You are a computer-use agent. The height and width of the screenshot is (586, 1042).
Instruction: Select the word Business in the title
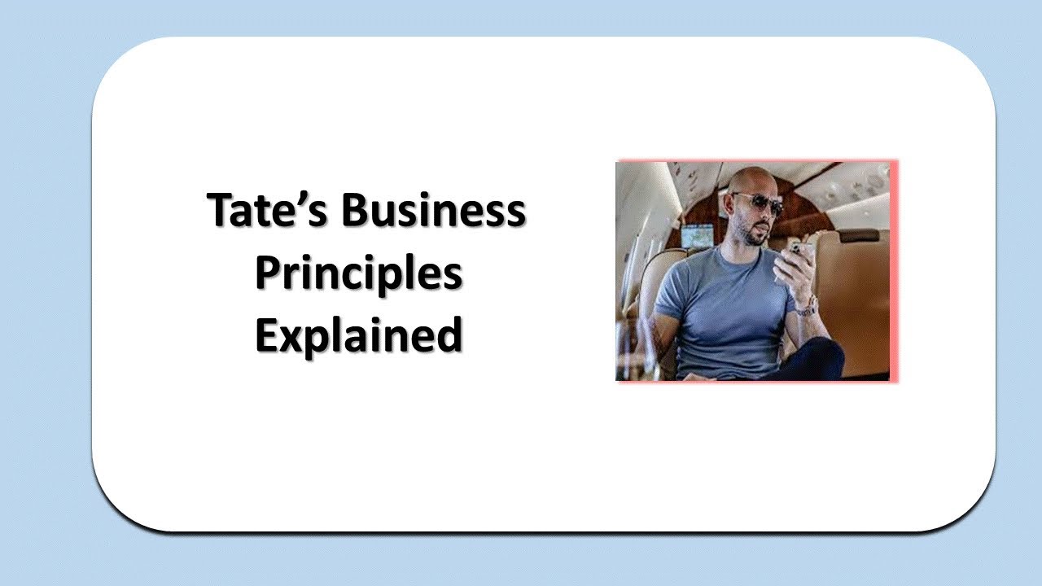[433, 210]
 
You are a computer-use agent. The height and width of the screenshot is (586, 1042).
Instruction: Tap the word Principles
[359, 273]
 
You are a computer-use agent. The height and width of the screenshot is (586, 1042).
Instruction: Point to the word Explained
[359, 335]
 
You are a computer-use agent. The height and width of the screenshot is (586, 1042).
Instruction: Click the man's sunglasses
[758, 202]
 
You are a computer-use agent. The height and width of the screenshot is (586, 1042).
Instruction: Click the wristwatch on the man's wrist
[806, 307]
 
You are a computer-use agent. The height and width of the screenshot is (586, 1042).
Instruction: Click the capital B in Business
[356, 210]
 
